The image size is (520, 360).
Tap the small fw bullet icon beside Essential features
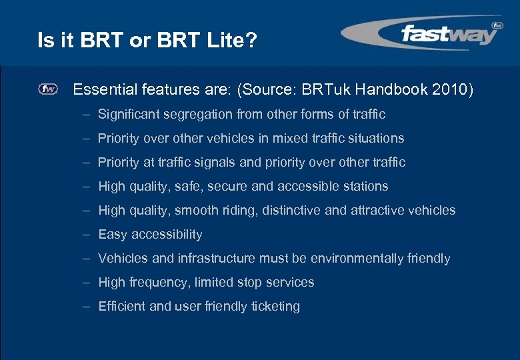tap(48, 89)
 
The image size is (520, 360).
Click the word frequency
tap(157, 282)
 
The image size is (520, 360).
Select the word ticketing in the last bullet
tap(275, 306)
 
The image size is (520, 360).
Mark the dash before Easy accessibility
tap(87, 234)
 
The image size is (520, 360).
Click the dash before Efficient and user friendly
tap(87, 306)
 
